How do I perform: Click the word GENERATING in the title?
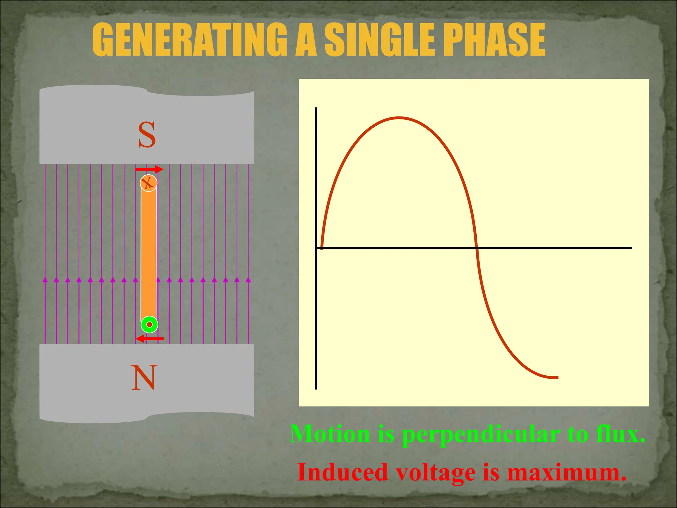coord(190,40)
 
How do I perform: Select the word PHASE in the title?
coord(494,40)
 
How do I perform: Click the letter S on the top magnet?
coord(147,135)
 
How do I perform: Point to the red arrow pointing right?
coord(149,170)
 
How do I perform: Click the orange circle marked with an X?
coord(148,183)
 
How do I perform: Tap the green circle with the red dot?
coord(149,325)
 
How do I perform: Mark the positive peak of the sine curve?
coord(399,118)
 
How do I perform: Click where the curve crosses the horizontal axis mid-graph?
coord(476,248)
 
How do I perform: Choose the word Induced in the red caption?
coord(342,472)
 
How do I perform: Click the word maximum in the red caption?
coord(567,472)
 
